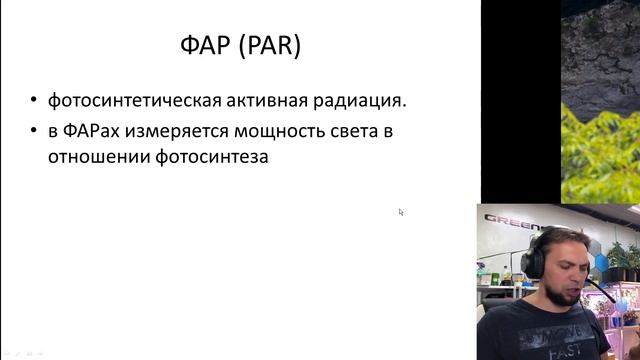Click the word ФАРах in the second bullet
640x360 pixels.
[96, 131]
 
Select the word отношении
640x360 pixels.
[93, 156]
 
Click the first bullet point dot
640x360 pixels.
[35, 101]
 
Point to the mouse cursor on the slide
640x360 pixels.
[401, 212]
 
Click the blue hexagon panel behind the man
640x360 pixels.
[601, 262]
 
